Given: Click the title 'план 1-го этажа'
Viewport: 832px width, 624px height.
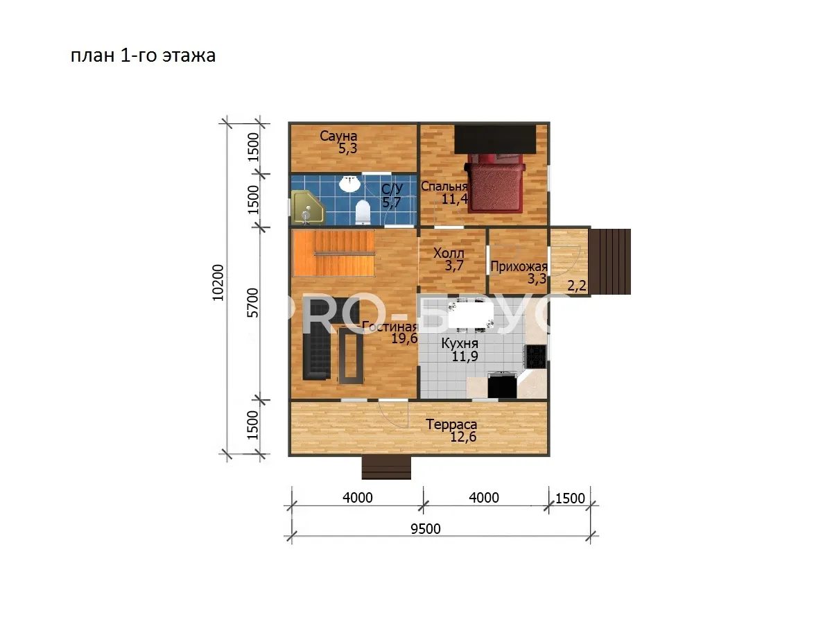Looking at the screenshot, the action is [143, 55].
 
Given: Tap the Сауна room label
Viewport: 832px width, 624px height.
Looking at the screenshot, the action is [338, 136].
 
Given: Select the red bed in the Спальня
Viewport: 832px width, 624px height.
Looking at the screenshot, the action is [496, 183].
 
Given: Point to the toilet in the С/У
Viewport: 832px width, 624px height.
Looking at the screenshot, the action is [363, 213].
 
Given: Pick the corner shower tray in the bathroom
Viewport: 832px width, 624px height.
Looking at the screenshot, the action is [308, 207].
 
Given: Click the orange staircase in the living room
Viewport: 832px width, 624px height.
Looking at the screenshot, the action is [333, 254].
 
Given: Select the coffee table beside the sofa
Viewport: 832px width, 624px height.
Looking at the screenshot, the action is [351, 356].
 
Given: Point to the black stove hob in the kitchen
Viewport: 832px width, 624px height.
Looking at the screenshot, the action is [536, 356].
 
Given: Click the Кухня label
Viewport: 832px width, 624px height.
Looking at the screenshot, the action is [460, 344].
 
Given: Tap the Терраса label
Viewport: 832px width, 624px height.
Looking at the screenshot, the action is [451, 424].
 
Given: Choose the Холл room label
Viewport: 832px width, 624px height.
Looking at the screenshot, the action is [449, 252].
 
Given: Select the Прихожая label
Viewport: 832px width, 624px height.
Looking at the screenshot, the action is [519, 267].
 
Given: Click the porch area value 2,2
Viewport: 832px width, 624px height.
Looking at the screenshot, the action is [577, 286].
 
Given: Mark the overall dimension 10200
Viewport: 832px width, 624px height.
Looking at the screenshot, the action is [218, 283].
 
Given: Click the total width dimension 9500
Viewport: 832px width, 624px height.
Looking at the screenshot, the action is [426, 529].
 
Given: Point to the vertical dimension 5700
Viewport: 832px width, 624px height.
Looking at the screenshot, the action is [253, 303].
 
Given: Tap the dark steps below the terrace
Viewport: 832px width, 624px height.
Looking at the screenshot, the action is [386, 467].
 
